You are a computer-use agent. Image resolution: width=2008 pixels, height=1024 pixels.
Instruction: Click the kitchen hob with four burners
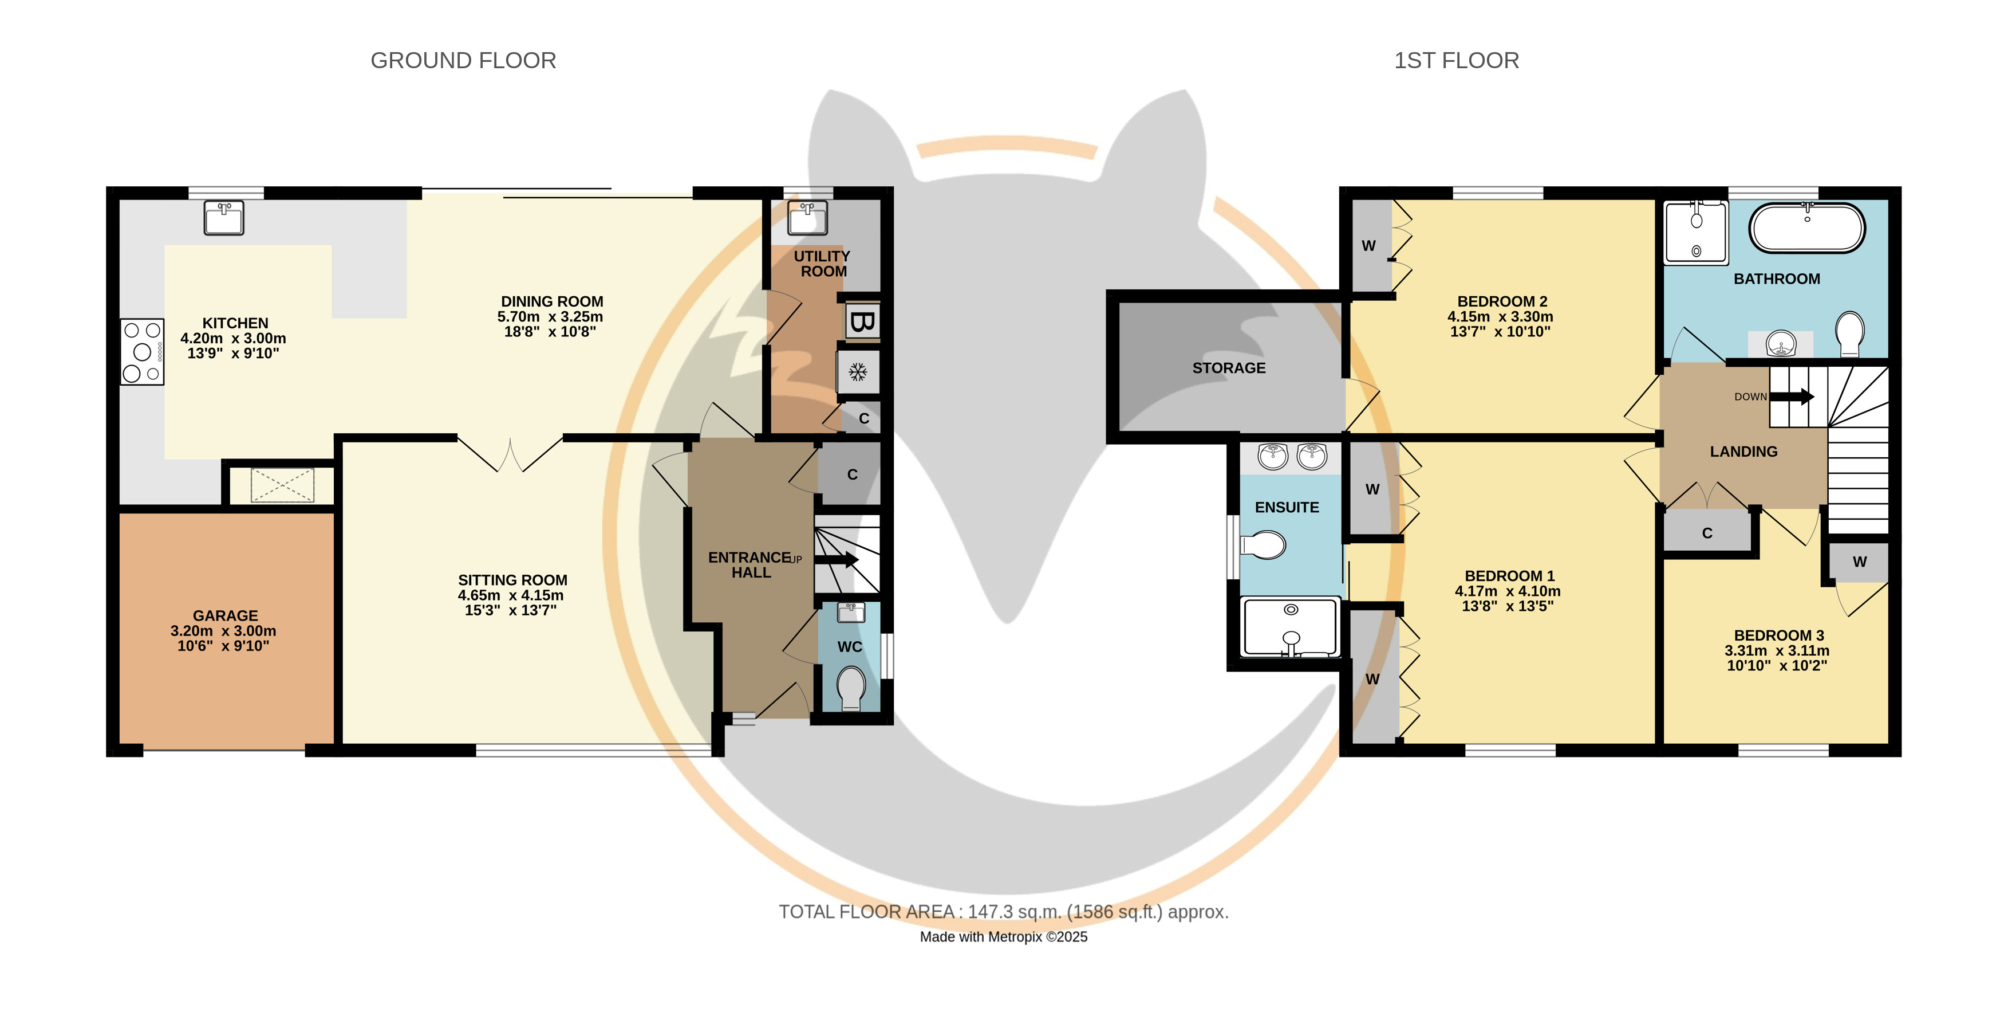(x=142, y=352)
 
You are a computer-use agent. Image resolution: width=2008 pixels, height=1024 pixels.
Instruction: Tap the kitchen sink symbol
(x=224, y=218)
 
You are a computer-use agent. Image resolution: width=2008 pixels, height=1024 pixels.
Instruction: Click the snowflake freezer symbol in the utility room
(x=858, y=372)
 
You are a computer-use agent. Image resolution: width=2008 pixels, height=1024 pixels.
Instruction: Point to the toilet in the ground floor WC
(x=851, y=687)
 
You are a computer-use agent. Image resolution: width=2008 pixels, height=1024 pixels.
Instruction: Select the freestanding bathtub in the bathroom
(x=1807, y=227)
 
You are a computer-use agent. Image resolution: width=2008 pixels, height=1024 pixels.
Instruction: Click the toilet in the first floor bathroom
(x=1850, y=335)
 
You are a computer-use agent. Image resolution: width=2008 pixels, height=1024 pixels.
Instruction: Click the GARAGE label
(x=225, y=615)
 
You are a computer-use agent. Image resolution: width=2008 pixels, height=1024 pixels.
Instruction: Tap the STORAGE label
(x=1229, y=368)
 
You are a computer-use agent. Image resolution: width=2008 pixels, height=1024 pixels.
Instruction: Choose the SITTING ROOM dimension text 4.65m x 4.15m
(x=511, y=595)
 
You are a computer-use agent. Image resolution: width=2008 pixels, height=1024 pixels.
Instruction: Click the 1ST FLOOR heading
(x=1456, y=61)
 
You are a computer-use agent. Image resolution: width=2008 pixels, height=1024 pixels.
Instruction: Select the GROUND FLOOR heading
(x=463, y=61)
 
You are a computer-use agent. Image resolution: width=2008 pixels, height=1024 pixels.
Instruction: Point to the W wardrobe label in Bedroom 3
(x=1859, y=562)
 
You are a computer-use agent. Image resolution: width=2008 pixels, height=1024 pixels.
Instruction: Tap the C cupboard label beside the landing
(x=1707, y=533)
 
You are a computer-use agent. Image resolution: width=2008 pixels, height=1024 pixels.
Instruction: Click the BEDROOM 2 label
(x=1502, y=301)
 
